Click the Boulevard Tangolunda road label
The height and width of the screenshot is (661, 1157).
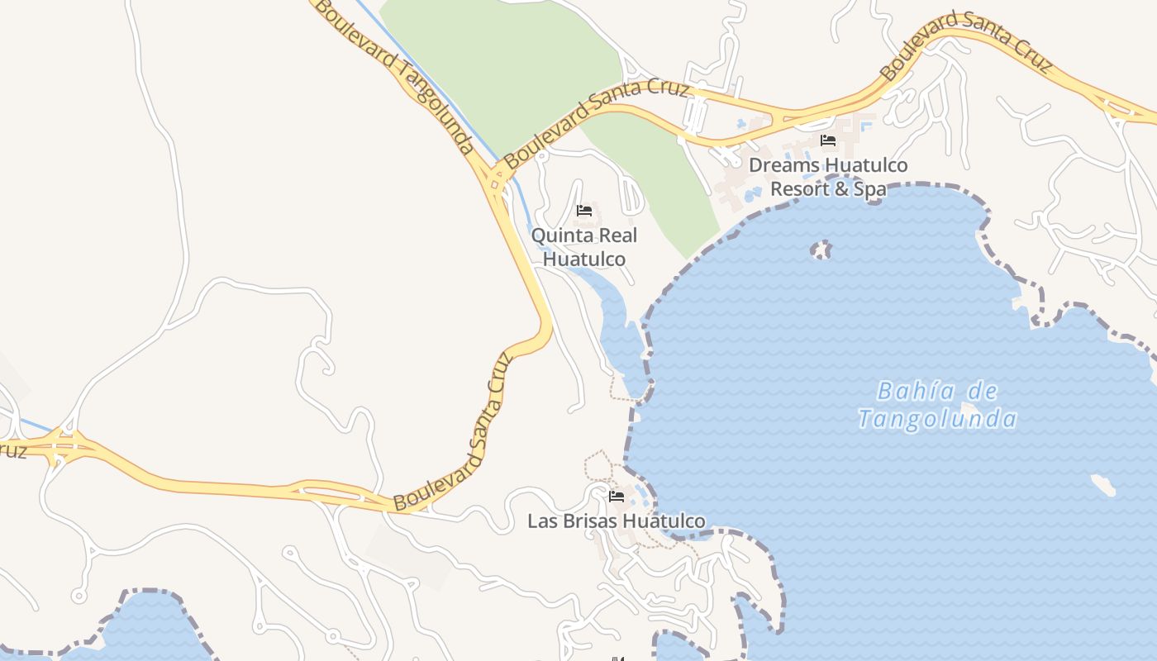[x=395, y=77]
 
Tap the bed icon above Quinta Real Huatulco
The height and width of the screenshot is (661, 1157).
[x=584, y=210]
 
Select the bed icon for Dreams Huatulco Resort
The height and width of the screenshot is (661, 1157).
[x=828, y=140]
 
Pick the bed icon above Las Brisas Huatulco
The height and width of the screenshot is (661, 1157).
[x=617, y=497]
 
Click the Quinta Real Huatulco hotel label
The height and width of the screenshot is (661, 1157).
[x=584, y=247]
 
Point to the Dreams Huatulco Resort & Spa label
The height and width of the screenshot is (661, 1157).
[x=828, y=177]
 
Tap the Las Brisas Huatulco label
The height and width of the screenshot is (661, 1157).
[x=617, y=521]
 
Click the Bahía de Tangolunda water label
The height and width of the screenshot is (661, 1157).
[x=937, y=405]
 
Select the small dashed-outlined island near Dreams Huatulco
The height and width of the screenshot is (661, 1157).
[x=821, y=250]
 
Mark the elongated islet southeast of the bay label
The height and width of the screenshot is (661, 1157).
[x=1103, y=485]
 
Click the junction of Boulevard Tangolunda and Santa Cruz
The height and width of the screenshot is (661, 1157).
[x=496, y=178]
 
